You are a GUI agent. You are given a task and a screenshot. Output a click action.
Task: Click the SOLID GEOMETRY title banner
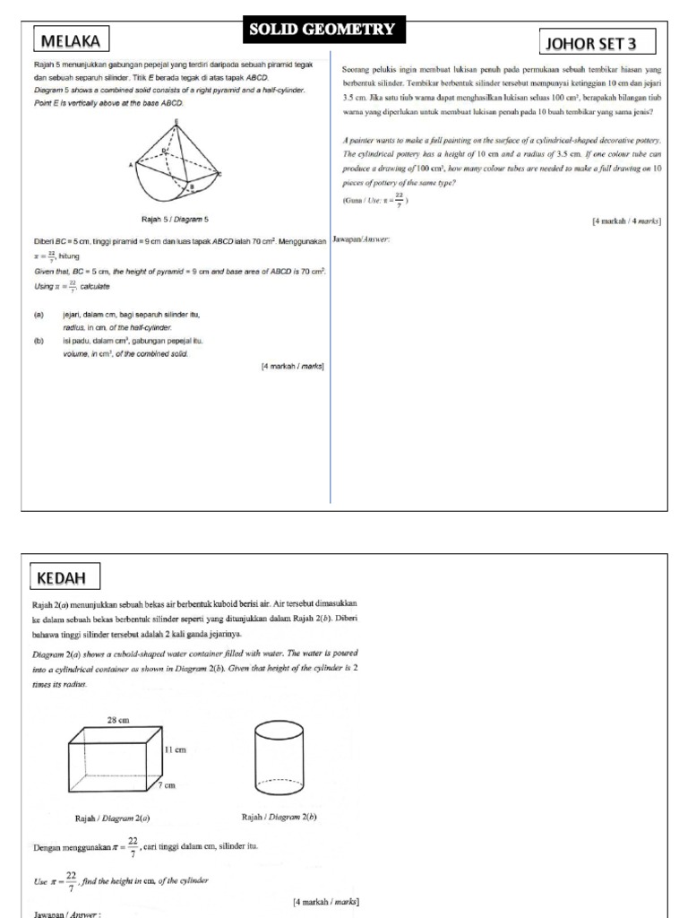point(322,30)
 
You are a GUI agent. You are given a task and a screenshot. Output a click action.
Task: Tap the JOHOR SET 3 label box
point(598,43)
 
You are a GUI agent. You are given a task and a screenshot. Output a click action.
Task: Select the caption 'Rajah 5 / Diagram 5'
point(176,219)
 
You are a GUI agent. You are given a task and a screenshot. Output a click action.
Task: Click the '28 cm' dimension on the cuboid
point(118,720)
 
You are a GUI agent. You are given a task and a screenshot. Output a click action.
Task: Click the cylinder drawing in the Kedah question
point(278,757)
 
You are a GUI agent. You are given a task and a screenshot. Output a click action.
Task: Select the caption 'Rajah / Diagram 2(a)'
point(112,818)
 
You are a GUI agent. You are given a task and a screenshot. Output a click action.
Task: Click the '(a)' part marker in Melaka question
point(39,316)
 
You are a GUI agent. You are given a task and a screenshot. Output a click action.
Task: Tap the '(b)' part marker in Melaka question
point(39,341)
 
